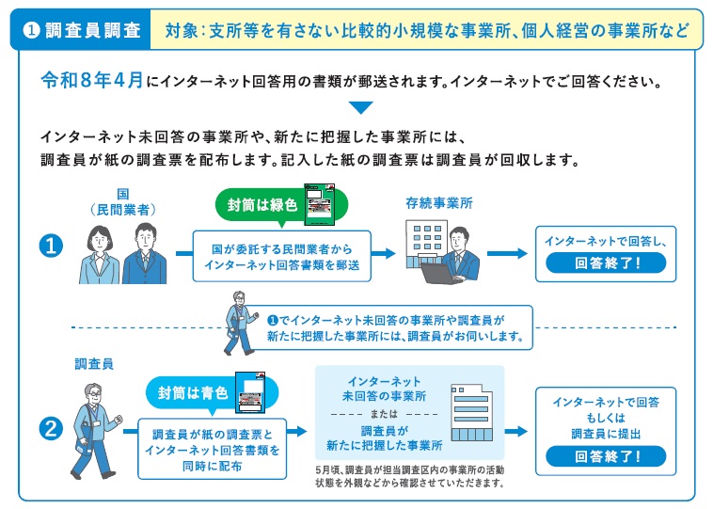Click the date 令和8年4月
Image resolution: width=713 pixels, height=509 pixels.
[x=92, y=81]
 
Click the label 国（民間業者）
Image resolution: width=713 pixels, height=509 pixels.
[x=122, y=201]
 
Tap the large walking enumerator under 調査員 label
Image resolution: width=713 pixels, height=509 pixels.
[x=97, y=427]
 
